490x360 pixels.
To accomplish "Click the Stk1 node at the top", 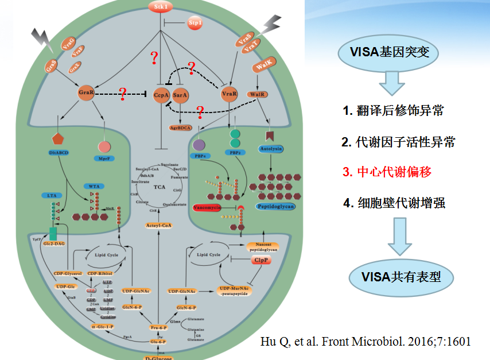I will point(161,7).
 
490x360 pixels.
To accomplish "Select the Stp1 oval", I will point(195,23).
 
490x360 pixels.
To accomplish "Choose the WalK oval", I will point(263,68).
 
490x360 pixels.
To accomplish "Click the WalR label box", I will point(255,94).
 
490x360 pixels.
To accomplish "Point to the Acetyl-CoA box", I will point(158,226).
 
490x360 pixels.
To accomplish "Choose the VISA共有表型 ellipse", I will point(393,276).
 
